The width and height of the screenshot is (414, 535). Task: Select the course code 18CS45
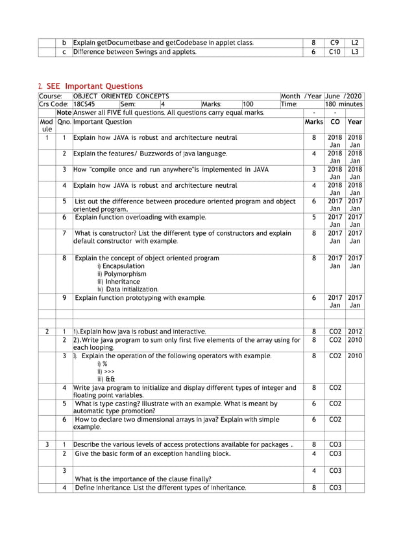[x=84, y=104]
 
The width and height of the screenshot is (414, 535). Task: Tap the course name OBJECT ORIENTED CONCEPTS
[x=121, y=96]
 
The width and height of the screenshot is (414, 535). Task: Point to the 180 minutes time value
[x=344, y=104]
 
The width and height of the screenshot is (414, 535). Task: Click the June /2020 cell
[x=344, y=96]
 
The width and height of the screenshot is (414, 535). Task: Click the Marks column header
[x=313, y=121]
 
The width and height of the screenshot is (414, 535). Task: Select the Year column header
[x=354, y=121]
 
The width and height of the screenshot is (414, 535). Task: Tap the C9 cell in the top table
[x=334, y=43]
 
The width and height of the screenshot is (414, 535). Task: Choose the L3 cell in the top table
[x=354, y=52]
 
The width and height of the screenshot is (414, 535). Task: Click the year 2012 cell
[x=354, y=332]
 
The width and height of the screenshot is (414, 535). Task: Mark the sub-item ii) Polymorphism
[x=121, y=274]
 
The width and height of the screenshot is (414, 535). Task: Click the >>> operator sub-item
[x=106, y=371]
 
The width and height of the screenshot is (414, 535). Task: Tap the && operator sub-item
[x=106, y=379]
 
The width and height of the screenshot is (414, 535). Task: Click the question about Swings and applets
[x=134, y=52]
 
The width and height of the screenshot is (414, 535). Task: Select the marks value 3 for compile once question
[x=313, y=170]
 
